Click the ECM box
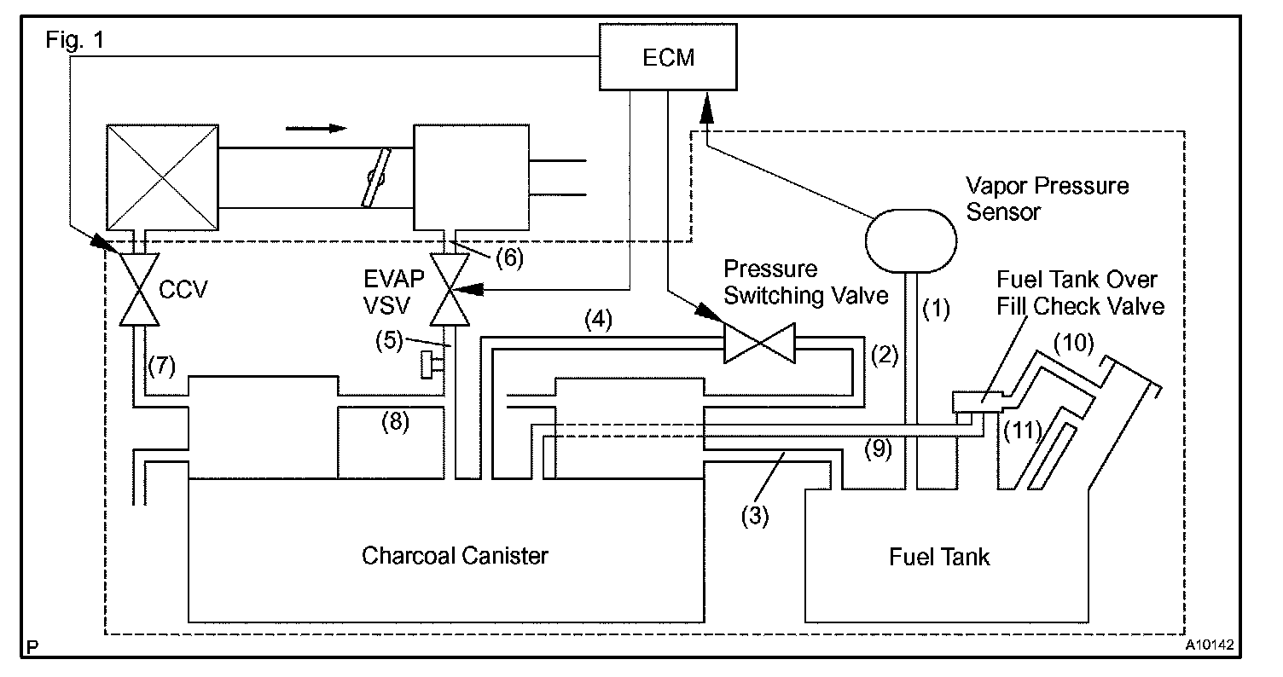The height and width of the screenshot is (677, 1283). pyautogui.click(x=668, y=57)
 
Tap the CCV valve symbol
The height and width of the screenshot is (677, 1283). pyautogui.click(x=139, y=290)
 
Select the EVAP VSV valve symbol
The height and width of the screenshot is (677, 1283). pyautogui.click(x=450, y=290)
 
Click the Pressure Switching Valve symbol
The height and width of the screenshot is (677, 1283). pyautogui.click(x=759, y=343)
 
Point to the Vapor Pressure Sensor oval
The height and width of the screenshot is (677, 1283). pyautogui.click(x=911, y=240)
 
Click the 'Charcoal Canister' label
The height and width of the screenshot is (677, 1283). pyautogui.click(x=455, y=556)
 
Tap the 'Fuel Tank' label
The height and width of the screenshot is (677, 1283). pyautogui.click(x=939, y=557)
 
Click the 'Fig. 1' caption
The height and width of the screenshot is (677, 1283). pyautogui.click(x=75, y=40)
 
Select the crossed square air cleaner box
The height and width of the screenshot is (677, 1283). pyautogui.click(x=163, y=177)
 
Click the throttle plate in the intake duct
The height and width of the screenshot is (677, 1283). pyautogui.click(x=375, y=177)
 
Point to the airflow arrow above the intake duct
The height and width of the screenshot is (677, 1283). pyautogui.click(x=316, y=128)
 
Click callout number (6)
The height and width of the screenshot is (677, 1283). pyautogui.click(x=510, y=258)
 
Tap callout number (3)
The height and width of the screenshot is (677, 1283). pyautogui.click(x=755, y=516)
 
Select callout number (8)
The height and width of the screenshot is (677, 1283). pyautogui.click(x=395, y=422)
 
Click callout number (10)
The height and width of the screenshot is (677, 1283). pyautogui.click(x=1074, y=343)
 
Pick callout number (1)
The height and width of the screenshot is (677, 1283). pyautogui.click(x=936, y=309)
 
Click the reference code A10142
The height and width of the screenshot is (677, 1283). pyautogui.click(x=1209, y=645)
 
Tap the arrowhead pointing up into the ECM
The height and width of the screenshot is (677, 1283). pyautogui.click(x=707, y=108)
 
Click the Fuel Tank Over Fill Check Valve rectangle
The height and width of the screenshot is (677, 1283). pyautogui.click(x=978, y=402)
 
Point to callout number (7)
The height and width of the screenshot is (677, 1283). pyautogui.click(x=161, y=366)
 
